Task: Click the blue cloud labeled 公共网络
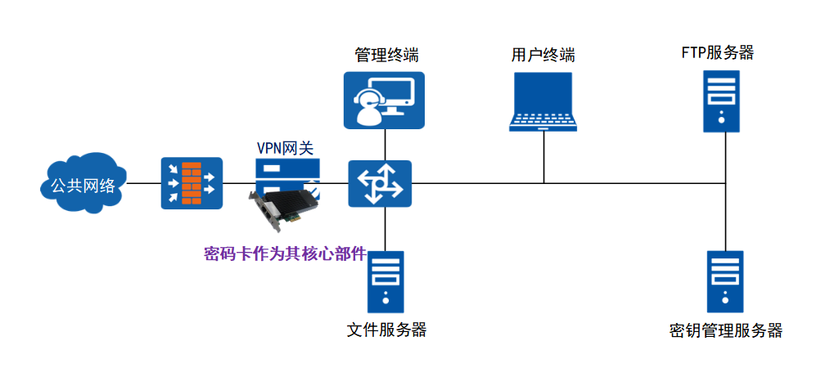pyautogui.click(x=82, y=183)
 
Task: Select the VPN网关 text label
pyautogui.click(x=286, y=150)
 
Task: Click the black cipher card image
pyautogui.click(x=283, y=204)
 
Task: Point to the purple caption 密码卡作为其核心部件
pyautogui.click(x=284, y=254)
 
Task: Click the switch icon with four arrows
pyautogui.click(x=380, y=183)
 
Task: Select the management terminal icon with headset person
pyautogui.click(x=383, y=101)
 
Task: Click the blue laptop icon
pyautogui.click(x=543, y=101)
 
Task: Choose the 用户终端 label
pyautogui.click(x=543, y=56)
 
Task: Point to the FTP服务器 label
pyautogui.click(x=718, y=53)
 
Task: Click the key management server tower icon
pyautogui.click(x=725, y=282)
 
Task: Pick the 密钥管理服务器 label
pyautogui.click(x=725, y=331)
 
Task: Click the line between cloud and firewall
pyautogui.click(x=144, y=183)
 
